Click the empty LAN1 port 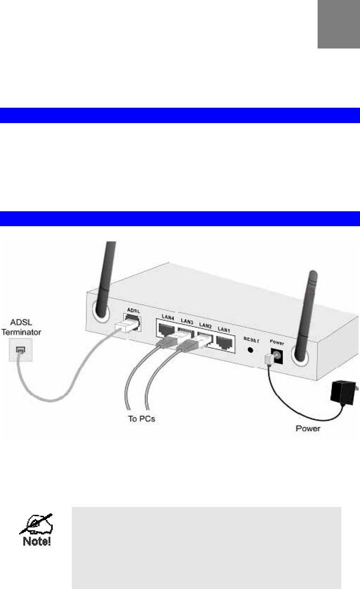(x=225, y=342)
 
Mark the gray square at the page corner (x=339, y=24)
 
